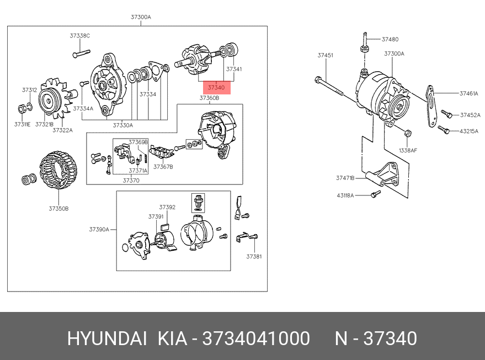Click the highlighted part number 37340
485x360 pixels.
(216, 87)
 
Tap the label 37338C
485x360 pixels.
(79, 35)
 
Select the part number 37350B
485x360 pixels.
(58, 208)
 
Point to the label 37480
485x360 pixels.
(390, 39)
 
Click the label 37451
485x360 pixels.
(325, 55)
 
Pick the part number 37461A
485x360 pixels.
(468, 93)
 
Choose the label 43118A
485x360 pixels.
(345, 195)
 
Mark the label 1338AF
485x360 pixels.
(408, 150)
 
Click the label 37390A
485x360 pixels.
(99, 229)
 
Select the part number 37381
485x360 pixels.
(254, 256)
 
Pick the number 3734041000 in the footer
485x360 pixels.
(256, 338)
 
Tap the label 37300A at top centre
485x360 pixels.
(141, 17)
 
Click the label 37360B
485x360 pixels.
(209, 98)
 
